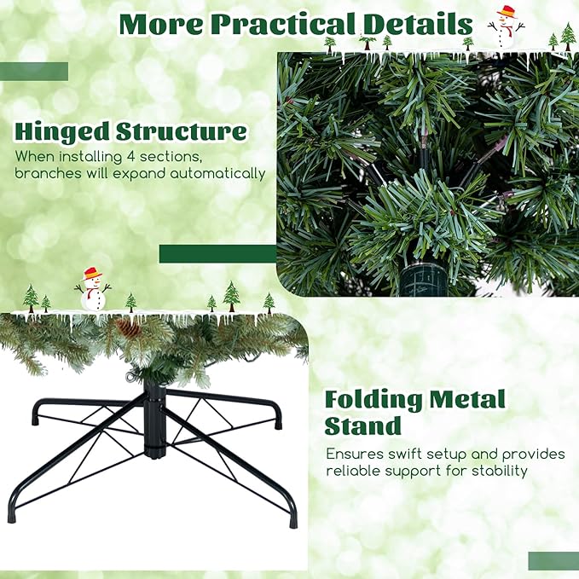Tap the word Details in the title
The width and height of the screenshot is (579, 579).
tap(414, 24)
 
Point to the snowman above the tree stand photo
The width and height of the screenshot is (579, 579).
tap(92, 290)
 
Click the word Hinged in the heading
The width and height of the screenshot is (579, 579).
tap(62, 132)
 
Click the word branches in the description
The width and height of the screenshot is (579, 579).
tap(43, 174)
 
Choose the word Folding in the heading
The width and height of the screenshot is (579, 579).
tap(373, 400)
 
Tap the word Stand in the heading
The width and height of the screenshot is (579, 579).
tap(362, 426)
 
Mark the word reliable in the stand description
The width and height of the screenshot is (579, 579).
tap(354, 471)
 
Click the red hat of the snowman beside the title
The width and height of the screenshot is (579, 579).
tap(507, 12)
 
